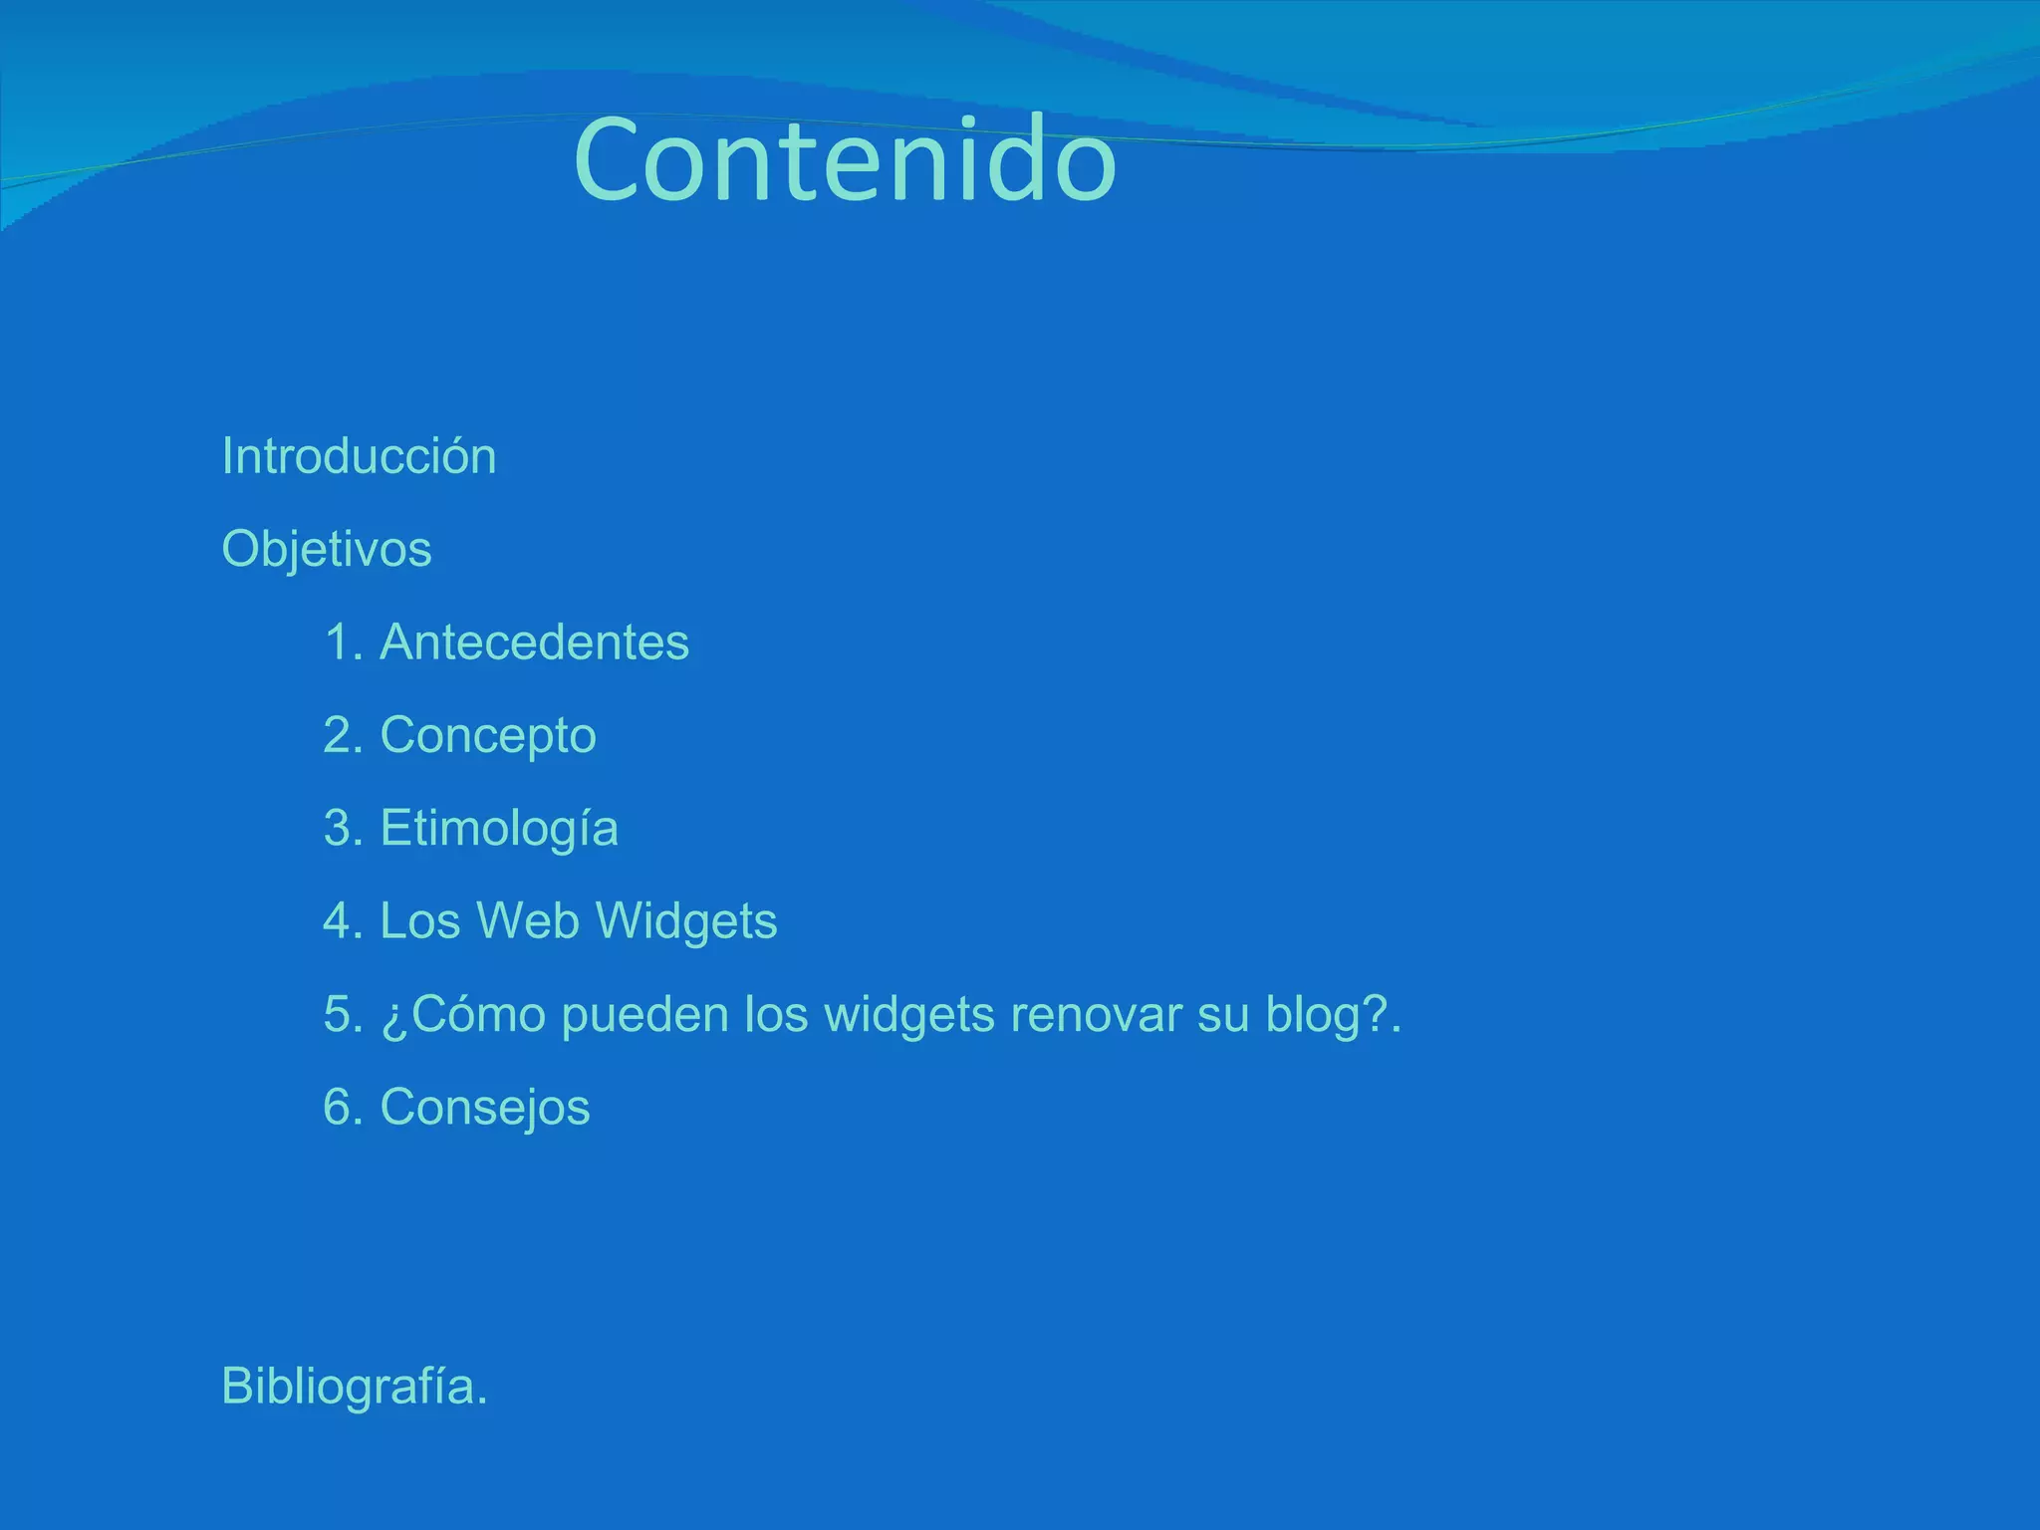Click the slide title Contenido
tap(845, 160)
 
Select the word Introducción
tap(359, 456)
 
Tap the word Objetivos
tap(327, 550)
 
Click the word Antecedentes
tap(534, 642)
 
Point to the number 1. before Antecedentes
tap(343, 642)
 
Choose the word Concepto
tap(488, 736)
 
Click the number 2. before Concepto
tap(343, 736)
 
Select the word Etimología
tap(499, 829)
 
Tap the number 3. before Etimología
tap(343, 829)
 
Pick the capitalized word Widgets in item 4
tap(686, 921)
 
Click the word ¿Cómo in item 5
tap(463, 1015)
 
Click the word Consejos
tap(485, 1108)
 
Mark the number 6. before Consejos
tap(343, 1108)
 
